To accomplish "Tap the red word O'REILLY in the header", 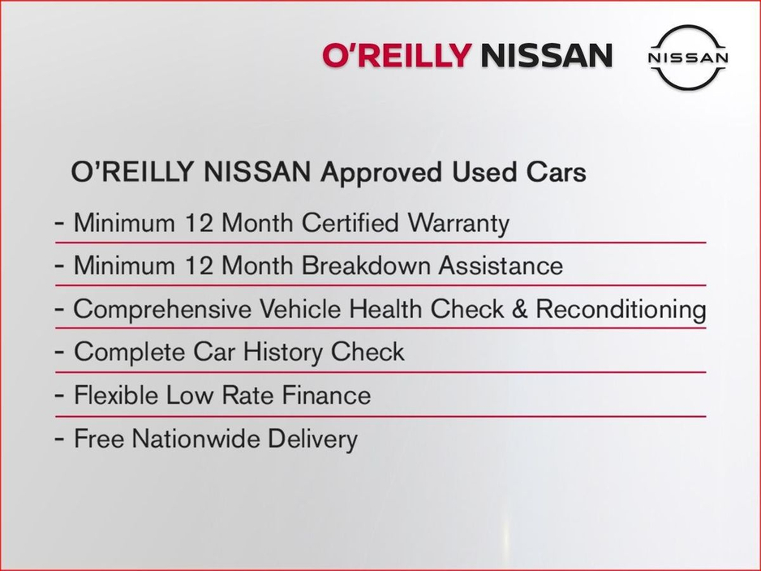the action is click(x=397, y=55).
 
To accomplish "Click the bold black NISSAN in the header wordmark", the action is click(x=547, y=55).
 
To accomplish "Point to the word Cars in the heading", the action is click(x=557, y=172).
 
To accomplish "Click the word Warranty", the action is click(x=458, y=224).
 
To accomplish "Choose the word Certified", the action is click(x=350, y=223).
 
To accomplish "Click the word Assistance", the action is click(x=501, y=266).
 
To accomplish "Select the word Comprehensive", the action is click(x=161, y=310).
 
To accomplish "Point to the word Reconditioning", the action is click(x=621, y=310).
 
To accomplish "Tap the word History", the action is click(x=283, y=352).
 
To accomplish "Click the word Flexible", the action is click(x=116, y=395).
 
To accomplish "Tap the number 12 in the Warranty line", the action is click(x=199, y=223).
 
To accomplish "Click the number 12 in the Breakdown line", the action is click(x=199, y=266).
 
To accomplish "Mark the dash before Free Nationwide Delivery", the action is click(x=59, y=439).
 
